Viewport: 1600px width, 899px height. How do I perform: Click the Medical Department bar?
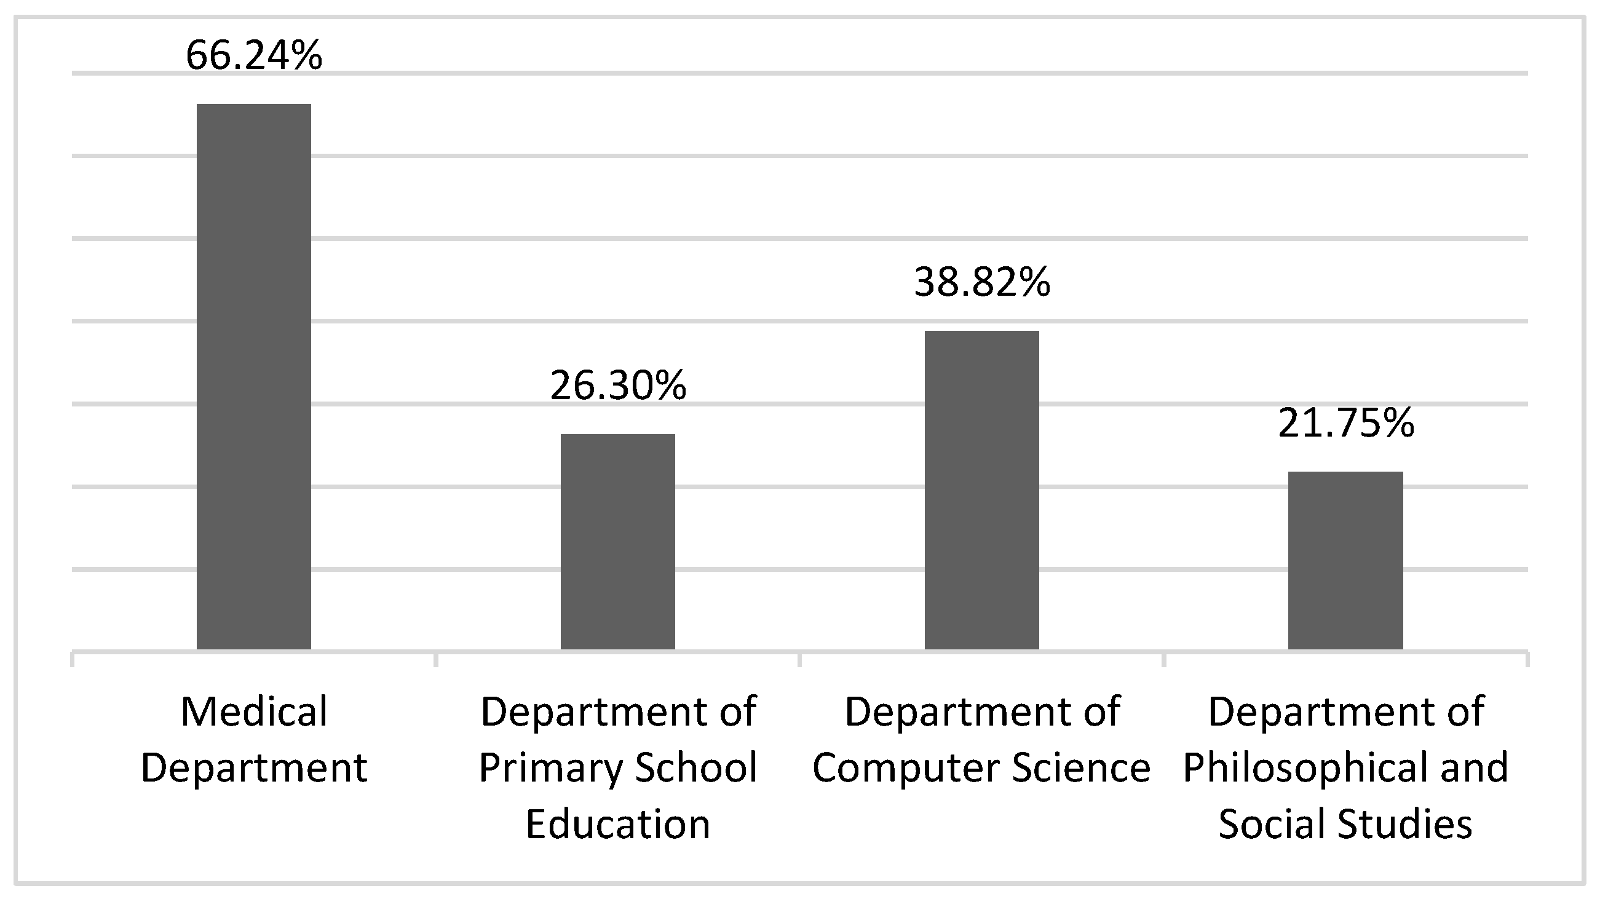point(253,376)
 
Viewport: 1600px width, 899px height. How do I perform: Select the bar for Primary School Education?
point(617,542)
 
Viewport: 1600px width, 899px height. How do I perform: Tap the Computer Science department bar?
point(981,490)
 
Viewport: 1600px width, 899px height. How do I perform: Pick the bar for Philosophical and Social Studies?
point(1345,560)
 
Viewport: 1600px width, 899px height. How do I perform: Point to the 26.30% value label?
point(617,385)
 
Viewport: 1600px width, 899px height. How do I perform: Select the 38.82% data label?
point(981,282)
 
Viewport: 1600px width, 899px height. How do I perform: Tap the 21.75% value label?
point(1345,423)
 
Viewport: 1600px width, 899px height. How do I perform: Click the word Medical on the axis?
point(253,711)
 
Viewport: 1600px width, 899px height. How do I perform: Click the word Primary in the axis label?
point(550,769)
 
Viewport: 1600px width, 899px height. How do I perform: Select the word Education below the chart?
point(617,824)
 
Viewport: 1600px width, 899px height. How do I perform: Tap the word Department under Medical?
point(253,769)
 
